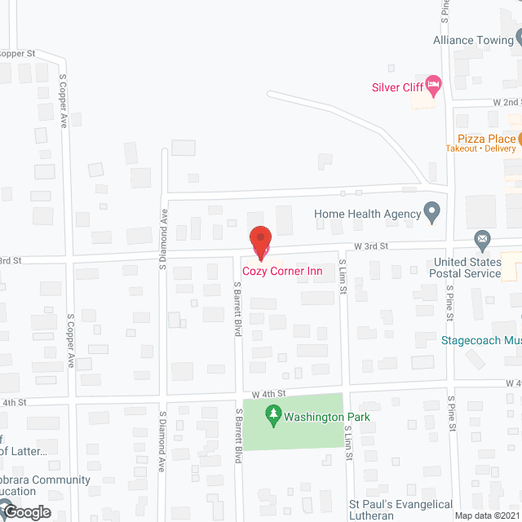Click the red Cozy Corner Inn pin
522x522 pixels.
click(260, 240)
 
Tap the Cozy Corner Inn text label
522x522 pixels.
click(282, 272)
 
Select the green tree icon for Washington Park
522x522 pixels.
click(274, 417)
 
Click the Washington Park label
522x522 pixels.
click(326, 417)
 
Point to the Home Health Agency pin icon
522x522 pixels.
click(433, 214)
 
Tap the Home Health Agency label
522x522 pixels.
click(367, 215)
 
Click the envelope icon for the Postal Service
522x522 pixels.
click(482, 239)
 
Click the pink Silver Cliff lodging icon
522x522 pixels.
click(434, 84)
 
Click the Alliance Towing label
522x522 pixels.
click(472, 39)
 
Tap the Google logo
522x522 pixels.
click(25, 512)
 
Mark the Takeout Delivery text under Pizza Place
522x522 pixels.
click(480, 148)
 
